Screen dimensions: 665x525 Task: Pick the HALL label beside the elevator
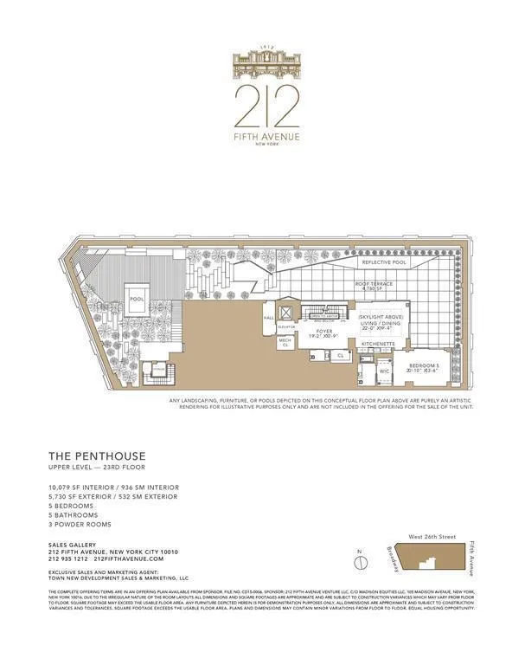click(x=269, y=318)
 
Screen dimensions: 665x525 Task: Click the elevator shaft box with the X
click(x=286, y=312)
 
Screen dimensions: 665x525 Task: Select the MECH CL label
click(x=285, y=342)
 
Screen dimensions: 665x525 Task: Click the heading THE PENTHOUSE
click(x=97, y=455)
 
